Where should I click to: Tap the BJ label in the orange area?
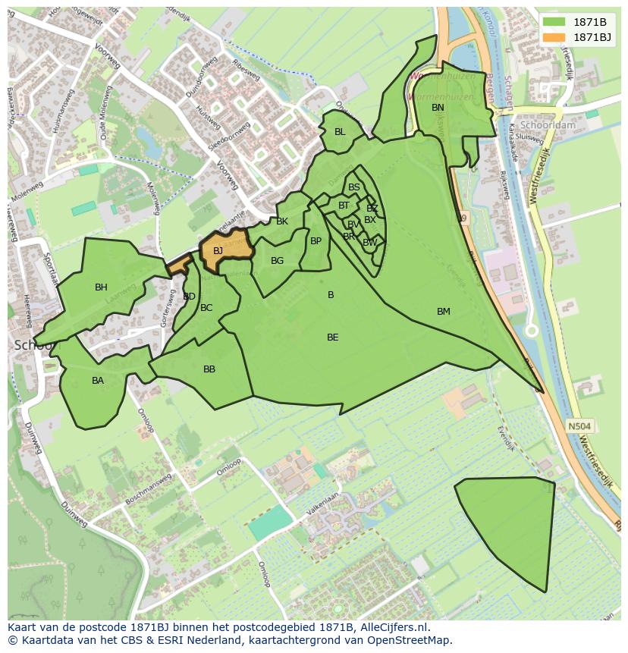click(218, 251)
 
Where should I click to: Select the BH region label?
click(101, 287)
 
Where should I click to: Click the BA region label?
click(98, 381)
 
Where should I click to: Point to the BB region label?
click(209, 370)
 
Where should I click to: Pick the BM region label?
click(444, 312)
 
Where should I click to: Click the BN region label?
click(438, 108)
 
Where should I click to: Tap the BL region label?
click(340, 132)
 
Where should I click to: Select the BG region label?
click(277, 261)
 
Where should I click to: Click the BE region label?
click(332, 337)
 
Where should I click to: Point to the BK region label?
click(282, 221)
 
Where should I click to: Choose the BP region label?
click(316, 241)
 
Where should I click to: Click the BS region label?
click(354, 187)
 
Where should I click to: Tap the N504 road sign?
click(579, 426)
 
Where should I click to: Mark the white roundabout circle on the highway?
click(532, 331)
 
